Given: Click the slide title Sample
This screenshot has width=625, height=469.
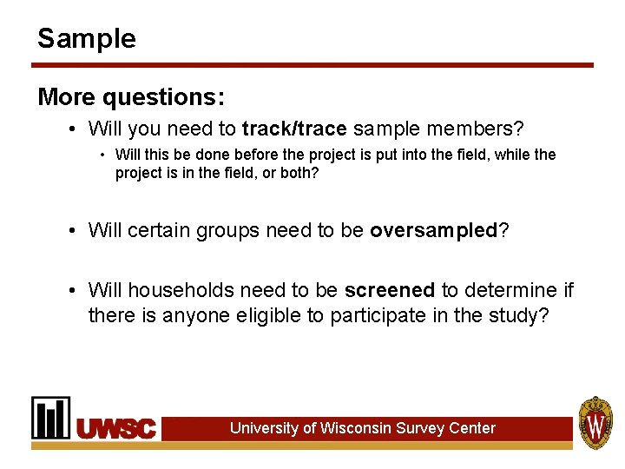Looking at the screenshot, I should pos(87,38).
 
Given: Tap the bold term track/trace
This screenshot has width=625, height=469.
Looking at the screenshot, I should pos(294,129).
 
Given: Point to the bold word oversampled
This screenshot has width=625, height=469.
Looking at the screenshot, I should pos(433,231).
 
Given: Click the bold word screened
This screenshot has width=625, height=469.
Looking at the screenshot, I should pos(390,290).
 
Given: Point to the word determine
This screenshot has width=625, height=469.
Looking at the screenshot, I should pos(510,290).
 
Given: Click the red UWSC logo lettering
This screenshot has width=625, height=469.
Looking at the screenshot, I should pos(116,428).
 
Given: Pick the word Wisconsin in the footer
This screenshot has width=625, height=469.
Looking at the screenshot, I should pos(356,428).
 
